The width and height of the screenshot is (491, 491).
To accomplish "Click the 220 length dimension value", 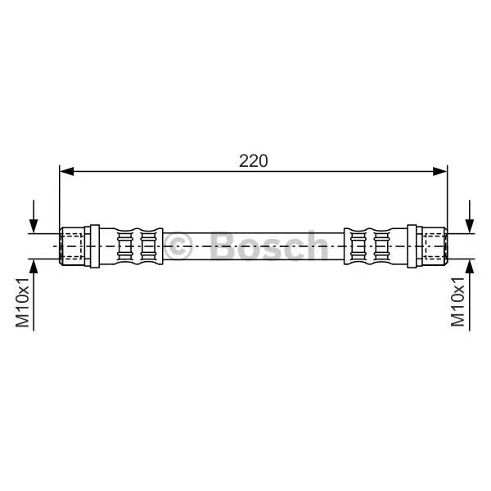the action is click(254, 161).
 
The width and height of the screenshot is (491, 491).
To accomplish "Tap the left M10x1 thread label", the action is click(23, 302).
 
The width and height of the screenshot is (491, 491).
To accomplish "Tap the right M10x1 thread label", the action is click(457, 302).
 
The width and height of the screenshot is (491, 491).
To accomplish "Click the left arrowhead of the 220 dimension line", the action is click(67, 171).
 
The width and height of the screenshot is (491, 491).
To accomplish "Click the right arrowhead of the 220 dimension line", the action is click(440, 171).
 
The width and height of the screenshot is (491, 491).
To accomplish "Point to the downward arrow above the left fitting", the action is click(34, 216).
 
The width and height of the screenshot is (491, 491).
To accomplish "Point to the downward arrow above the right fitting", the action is click(470, 216).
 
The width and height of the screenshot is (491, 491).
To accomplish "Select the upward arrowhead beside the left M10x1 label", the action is click(34, 267).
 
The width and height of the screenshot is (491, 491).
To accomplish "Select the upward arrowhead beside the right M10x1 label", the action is click(470, 267).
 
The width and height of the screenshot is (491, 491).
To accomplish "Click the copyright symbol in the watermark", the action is click(178, 246).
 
